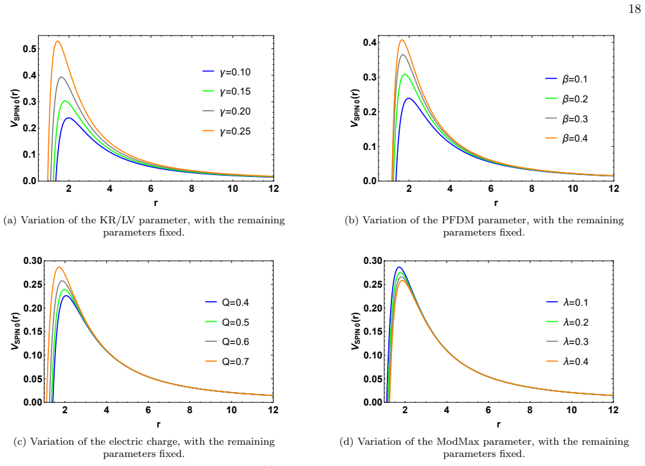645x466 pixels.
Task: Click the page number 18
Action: [634, 9]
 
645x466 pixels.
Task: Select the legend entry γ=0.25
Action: [227, 131]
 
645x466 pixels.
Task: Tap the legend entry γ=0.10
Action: [227, 72]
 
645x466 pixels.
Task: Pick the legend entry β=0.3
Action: [566, 119]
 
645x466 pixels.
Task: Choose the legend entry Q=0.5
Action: [227, 322]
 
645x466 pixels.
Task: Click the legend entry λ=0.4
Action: [567, 362]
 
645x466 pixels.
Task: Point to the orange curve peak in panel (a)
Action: [57, 41]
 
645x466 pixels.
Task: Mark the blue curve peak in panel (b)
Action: [409, 98]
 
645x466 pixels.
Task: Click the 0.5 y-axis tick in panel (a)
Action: [30, 49]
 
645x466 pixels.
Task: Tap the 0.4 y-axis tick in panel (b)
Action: [369, 42]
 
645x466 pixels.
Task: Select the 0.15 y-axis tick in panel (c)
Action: [33, 331]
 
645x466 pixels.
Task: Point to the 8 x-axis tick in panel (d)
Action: [530, 409]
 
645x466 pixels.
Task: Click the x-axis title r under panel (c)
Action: [158, 424]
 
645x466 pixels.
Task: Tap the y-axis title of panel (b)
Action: [355, 107]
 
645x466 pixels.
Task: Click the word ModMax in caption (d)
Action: [456, 442]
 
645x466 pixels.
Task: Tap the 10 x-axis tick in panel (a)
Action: [233, 189]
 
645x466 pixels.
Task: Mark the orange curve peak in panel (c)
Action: [59, 267]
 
